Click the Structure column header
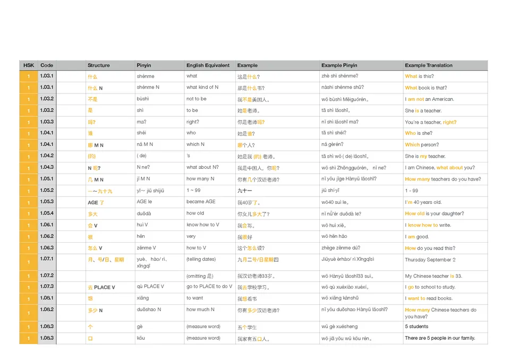click(x=99, y=65)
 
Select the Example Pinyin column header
click(x=339, y=65)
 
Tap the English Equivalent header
click(x=208, y=65)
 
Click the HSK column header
click(x=28, y=65)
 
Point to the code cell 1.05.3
click(x=47, y=202)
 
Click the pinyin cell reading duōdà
click(x=143, y=213)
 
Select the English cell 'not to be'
click(x=196, y=99)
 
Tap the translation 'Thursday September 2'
click(x=430, y=260)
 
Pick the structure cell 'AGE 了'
click(x=96, y=202)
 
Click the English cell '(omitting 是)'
click(x=199, y=276)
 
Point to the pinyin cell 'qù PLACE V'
click(x=150, y=287)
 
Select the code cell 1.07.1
click(x=47, y=259)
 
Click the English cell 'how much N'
click(x=200, y=310)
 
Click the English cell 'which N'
click(x=195, y=144)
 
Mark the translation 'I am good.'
click(x=416, y=237)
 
